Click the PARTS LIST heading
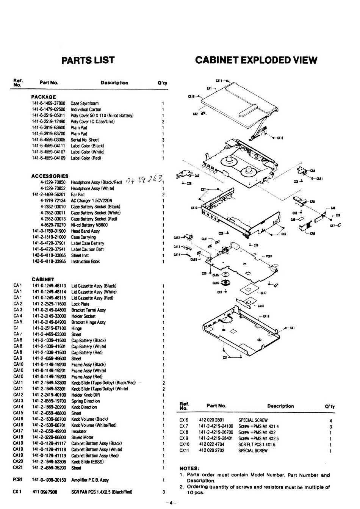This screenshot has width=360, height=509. pos(88,60)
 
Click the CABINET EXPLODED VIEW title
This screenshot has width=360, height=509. pos(256,60)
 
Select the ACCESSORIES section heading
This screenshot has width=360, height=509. pos(50,176)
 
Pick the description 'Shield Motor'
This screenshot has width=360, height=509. pos(82,437)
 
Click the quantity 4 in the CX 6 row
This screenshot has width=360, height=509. pos(331,420)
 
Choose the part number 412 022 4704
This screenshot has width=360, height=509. pos(211,445)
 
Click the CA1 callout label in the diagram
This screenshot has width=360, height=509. pos(209,88)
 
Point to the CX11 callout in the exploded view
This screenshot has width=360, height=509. pos(219,81)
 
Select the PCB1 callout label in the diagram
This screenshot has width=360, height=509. pos(268,256)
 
